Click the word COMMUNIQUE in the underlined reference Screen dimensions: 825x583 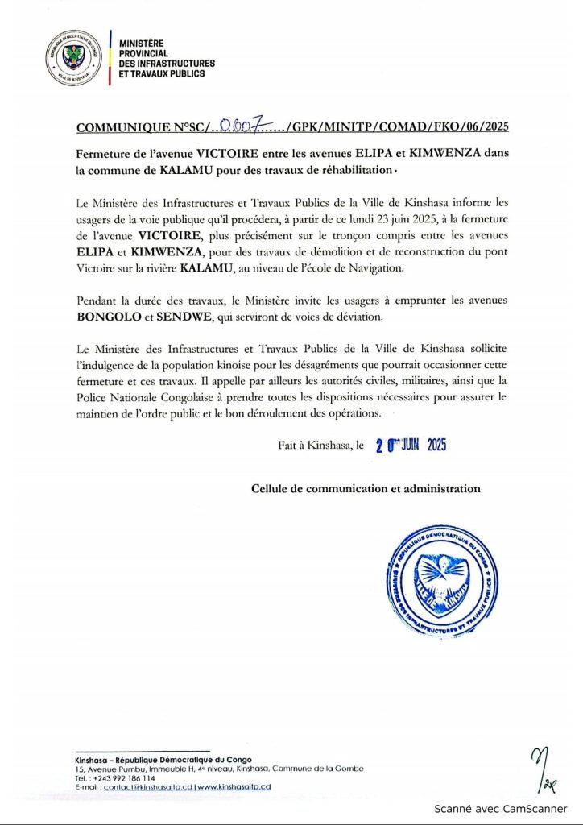coord(121,128)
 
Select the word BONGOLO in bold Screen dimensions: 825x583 coord(110,317)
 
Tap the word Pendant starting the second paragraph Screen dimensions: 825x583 coord(99,301)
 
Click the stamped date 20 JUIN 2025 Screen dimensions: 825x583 coord(411,446)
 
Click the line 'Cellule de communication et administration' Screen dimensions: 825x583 coord(366,488)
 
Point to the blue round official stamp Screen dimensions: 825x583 coord(438,572)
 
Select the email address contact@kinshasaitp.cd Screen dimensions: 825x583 coord(142,786)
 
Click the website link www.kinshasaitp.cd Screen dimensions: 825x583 coord(234,786)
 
